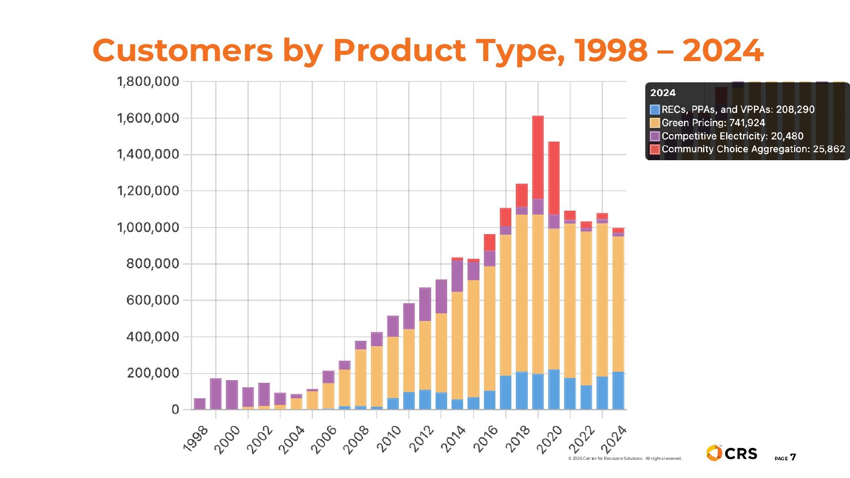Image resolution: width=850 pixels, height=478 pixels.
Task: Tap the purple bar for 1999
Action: [216, 393]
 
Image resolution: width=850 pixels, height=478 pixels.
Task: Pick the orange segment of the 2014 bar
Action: [457, 345]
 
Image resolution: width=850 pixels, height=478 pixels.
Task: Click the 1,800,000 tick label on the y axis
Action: [148, 81]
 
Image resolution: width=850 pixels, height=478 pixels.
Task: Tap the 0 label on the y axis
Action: [175, 409]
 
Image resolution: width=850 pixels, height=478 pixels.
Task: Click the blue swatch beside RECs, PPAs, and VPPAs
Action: [655, 109]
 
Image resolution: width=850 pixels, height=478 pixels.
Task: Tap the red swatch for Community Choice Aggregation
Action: [655, 149]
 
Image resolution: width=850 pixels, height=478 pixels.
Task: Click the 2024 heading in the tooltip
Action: [663, 93]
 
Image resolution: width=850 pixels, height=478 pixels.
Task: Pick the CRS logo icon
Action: [714, 453]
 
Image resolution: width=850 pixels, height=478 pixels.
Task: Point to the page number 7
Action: [793, 457]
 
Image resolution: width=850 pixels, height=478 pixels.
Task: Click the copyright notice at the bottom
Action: [625, 459]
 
